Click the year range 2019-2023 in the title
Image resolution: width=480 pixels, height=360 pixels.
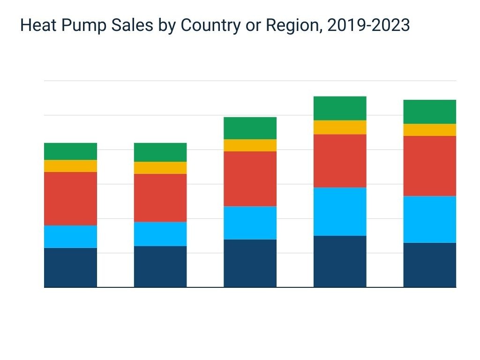368,26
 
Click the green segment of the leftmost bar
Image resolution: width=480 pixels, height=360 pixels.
70,151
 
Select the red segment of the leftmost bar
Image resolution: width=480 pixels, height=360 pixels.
70,199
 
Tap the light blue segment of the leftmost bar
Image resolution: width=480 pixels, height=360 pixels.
70,237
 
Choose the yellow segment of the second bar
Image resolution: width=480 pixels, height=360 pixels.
160,168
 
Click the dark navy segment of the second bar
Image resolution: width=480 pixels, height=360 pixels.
160,266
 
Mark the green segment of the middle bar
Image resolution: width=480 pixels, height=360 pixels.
250,128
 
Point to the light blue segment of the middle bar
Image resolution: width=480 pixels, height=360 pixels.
250,223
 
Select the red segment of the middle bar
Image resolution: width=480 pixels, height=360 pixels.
250,179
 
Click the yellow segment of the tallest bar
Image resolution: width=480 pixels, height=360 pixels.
340,127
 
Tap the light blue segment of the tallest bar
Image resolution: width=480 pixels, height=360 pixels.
340,211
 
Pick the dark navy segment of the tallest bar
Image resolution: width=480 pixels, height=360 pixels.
340,261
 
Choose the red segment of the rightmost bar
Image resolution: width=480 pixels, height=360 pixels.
429,166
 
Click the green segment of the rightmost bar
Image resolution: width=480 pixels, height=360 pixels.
429,112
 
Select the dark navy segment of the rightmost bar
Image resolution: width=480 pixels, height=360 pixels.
429,265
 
